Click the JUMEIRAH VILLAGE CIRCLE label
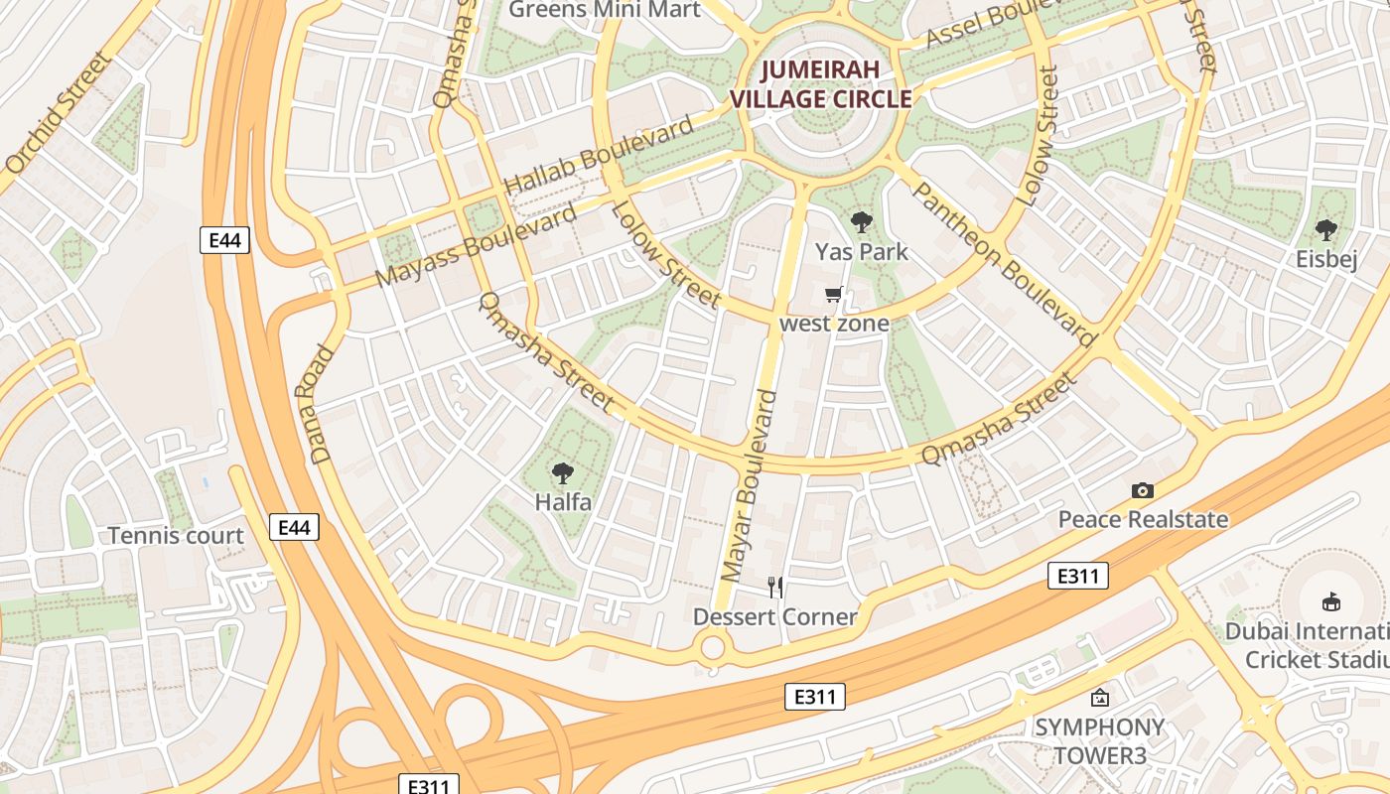click(820, 84)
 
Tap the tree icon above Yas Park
click(861, 222)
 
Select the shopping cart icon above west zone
click(834, 295)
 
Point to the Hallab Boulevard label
click(599, 156)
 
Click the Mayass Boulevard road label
click(478, 245)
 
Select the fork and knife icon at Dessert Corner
click(775, 588)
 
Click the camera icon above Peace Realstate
click(1143, 490)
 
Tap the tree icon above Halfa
click(563, 472)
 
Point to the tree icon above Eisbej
click(1325, 230)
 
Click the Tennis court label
click(176, 536)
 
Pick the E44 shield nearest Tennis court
click(295, 527)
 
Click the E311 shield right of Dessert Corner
click(1077, 576)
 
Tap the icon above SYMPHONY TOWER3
click(1099, 698)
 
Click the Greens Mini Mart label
click(604, 10)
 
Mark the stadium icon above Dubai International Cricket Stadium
click(1330, 601)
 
